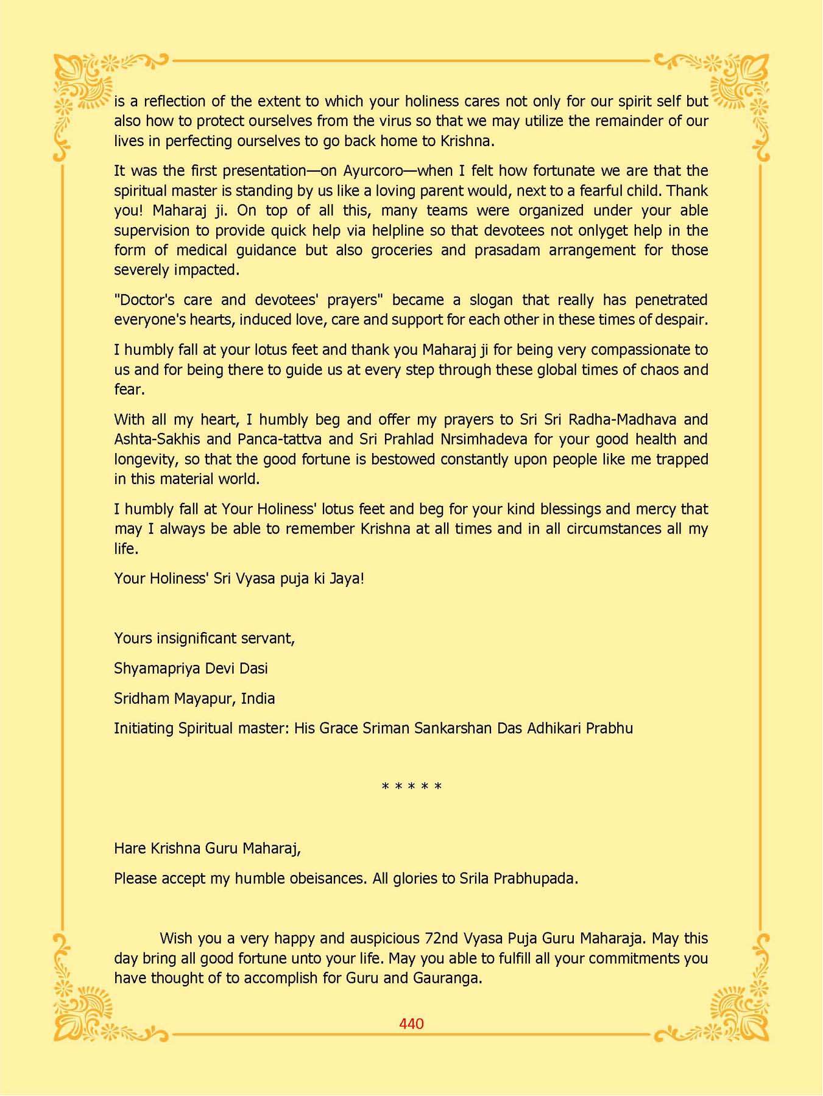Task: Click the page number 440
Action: tap(411, 1024)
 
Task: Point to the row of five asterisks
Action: tap(411, 787)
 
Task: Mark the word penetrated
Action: tap(671, 300)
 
